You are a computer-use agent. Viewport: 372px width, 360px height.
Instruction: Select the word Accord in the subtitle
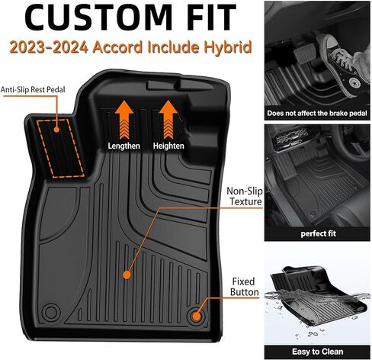tap(117, 47)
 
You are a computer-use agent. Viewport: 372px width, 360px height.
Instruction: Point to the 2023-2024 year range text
tap(49, 47)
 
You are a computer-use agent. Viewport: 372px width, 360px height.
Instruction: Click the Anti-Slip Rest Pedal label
tap(33, 89)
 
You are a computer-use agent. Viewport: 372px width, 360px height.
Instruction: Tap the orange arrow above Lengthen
tap(124, 119)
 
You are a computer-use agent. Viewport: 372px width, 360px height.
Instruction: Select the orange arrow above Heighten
tap(168, 119)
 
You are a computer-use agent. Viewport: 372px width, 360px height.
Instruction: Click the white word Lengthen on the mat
tap(124, 146)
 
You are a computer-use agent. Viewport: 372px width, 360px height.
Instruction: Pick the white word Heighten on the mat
tap(168, 146)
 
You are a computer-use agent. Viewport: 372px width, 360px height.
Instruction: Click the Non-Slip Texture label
tap(245, 196)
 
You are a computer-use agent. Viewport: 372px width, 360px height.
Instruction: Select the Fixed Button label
tap(244, 287)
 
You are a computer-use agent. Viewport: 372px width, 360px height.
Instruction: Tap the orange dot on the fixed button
tap(196, 317)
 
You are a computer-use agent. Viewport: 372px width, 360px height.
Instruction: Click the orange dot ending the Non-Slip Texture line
tap(127, 275)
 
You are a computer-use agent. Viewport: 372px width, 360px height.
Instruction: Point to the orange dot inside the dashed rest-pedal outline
tap(56, 130)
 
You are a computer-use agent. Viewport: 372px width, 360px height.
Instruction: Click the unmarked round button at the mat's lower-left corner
tap(51, 312)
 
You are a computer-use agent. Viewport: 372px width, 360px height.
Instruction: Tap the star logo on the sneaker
tap(354, 82)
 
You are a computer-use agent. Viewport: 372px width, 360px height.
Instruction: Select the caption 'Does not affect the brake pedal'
tap(317, 113)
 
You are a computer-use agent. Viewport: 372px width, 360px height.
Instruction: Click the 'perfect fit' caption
tap(318, 233)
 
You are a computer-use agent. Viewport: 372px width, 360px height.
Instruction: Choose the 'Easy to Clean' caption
tap(318, 352)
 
